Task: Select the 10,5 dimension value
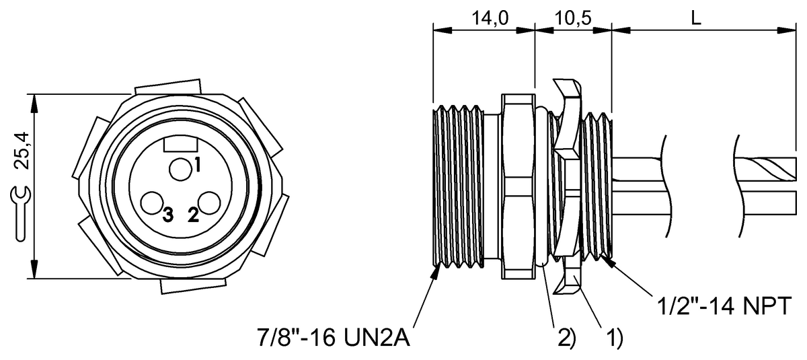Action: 574,18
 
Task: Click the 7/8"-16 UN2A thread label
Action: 334,335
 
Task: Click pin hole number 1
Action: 180,169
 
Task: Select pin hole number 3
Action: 152,203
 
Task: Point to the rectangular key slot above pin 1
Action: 180,143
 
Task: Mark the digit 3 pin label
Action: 167,215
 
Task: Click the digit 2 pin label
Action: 194,215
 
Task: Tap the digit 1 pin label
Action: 198,163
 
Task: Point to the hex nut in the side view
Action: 519,186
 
